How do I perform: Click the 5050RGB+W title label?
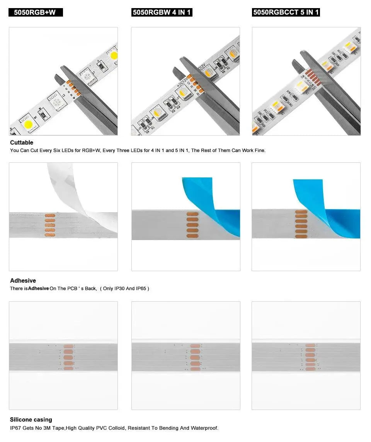click(x=35, y=12)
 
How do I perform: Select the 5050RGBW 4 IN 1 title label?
click(x=162, y=12)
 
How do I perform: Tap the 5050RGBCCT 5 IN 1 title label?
click(x=286, y=12)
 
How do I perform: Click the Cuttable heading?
click(x=22, y=143)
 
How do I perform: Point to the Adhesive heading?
click(x=23, y=281)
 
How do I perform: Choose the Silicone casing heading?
click(x=31, y=420)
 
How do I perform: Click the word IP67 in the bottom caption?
click(x=16, y=428)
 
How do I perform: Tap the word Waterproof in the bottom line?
click(x=204, y=428)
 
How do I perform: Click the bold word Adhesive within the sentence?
click(x=38, y=288)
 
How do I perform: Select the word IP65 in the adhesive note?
click(x=141, y=288)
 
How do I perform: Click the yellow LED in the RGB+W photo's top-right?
click(x=114, y=55)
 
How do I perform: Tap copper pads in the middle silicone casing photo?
click(x=195, y=357)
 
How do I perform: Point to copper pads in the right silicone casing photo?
click(x=310, y=357)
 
